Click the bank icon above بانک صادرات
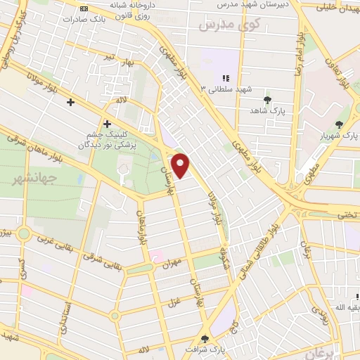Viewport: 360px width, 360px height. (x=84, y=8)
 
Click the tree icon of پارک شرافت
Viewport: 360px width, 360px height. (x=205, y=337)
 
